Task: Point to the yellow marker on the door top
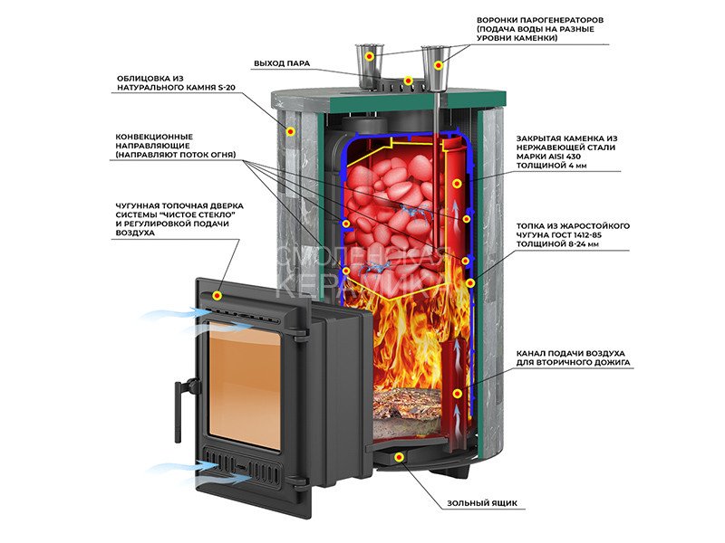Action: click(217, 296)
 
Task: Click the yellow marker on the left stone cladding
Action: click(290, 131)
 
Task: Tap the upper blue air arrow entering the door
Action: click(168, 316)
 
